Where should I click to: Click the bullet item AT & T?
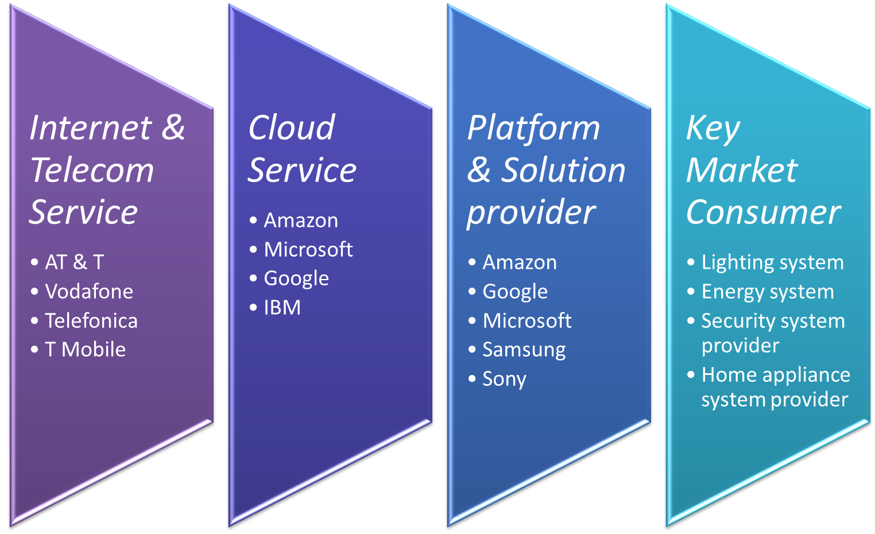(x=75, y=262)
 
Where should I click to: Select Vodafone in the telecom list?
(x=89, y=292)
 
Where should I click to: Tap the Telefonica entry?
(x=91, y=321)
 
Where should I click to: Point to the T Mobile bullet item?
(x=85, y=350)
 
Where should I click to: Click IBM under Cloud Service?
(x=282, y=308)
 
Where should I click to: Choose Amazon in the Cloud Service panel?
(x=301, y=220)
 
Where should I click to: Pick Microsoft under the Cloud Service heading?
(x=308, y=250)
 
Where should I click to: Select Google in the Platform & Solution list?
(x=515, y=292)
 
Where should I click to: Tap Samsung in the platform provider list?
(x=524, y=350)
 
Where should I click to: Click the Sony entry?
(x=504, y=379)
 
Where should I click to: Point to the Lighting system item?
(x=772, y=262)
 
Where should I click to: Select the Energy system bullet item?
(x=768, y=292)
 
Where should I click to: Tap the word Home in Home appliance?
(x=725, y=375)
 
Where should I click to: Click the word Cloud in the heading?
(x=292, y=127)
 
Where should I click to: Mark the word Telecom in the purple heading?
(x=92, y=171)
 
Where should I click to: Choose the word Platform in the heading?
(x=533, y=127)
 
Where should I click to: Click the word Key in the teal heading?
(x=713, y=127)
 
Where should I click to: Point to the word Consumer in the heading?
(x=763, y=212)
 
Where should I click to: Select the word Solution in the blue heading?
(x=563, y=171)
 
